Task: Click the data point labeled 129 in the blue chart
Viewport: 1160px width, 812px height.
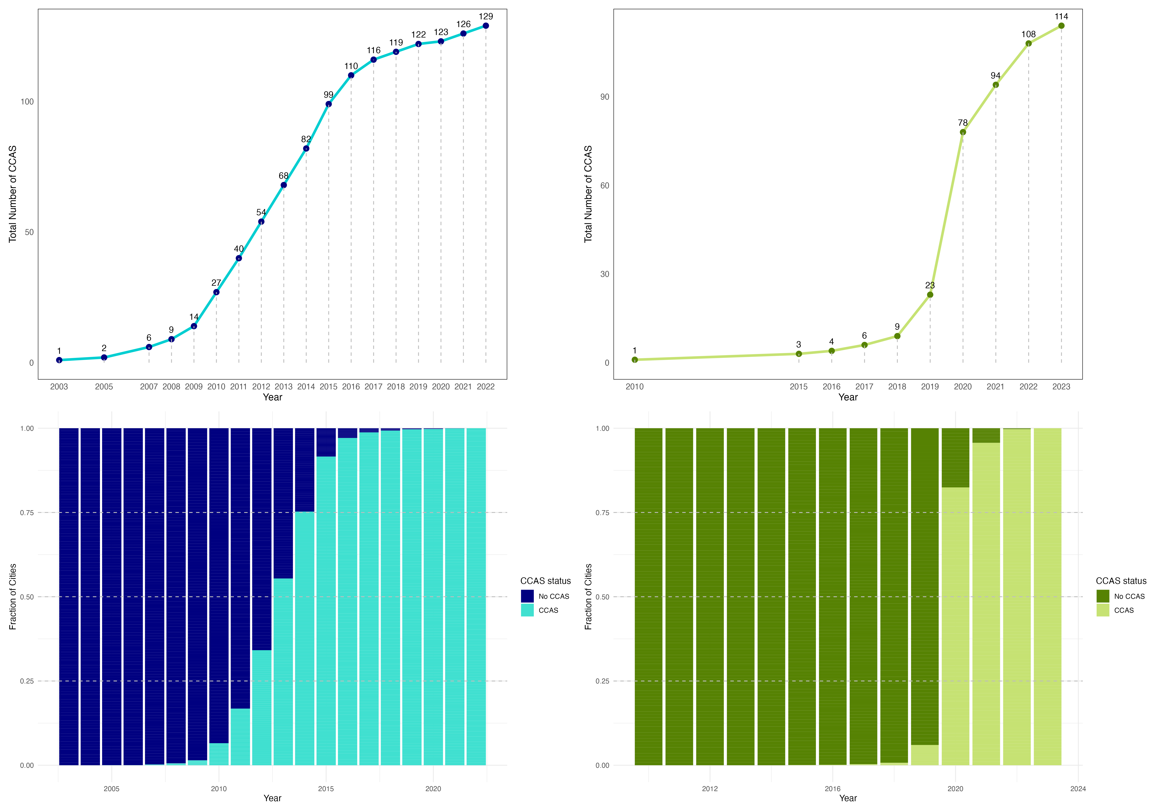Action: click(485, 26)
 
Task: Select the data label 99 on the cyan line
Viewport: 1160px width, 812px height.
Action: click(328, 95)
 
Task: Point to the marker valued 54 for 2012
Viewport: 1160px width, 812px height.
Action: click(261, 221)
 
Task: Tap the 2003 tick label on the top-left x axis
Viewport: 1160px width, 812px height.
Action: click(59, 386)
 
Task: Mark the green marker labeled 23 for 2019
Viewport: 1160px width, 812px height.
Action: click(930, 295)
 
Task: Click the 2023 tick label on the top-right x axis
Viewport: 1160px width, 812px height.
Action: click(1061, 386)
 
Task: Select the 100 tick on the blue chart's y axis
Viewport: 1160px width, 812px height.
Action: click(27, 101)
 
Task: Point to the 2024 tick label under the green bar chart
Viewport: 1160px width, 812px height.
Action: click(1078, 788)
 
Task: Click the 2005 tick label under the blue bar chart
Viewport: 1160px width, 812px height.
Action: click(112, 788)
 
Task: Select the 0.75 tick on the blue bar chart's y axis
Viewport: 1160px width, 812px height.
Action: click(27, 512)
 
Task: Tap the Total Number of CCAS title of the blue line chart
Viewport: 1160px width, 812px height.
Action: click(13, 194)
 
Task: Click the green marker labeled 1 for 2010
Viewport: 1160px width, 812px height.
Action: click(635, 360)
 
